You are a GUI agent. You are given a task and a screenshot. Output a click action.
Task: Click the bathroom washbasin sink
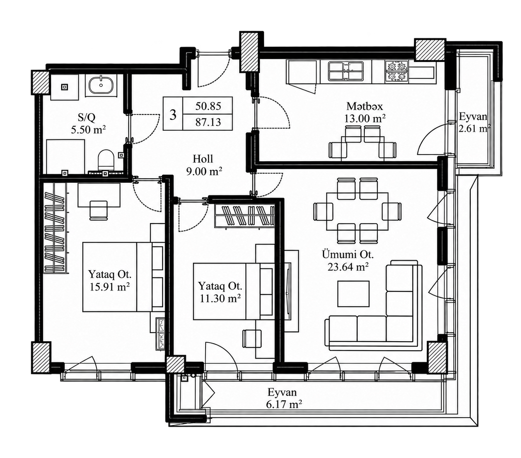pos(101,84)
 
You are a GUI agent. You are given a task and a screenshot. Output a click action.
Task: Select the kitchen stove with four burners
pos(396,72)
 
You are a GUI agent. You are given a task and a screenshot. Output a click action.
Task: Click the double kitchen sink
pos(346,71)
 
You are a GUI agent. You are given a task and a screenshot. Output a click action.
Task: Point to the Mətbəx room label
pos(364,106)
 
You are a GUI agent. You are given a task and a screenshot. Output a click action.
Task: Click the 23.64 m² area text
pos(348,267)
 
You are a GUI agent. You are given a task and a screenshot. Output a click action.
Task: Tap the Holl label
pos(203,159)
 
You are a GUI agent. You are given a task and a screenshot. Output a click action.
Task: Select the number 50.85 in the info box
pos(208,106)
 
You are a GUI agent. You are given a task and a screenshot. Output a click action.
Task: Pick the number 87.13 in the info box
pos(208,122)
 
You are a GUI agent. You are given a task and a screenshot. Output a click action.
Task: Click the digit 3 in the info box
pos(173,114)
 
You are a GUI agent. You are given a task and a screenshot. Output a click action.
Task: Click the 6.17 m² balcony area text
pos(284,405)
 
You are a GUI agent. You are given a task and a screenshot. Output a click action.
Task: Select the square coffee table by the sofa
pos(353,294)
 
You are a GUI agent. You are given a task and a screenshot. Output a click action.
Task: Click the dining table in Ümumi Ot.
pos(357,211)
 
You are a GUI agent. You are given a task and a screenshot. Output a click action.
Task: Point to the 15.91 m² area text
pos(109,287)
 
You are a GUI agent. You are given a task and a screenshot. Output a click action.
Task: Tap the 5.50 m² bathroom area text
pos(88,130)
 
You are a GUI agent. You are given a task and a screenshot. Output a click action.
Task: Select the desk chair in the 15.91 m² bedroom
pos(99,210)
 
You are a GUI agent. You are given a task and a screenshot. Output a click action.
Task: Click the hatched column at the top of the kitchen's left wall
pos(249,52)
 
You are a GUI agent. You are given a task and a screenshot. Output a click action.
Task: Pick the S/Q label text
pos(87,118)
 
